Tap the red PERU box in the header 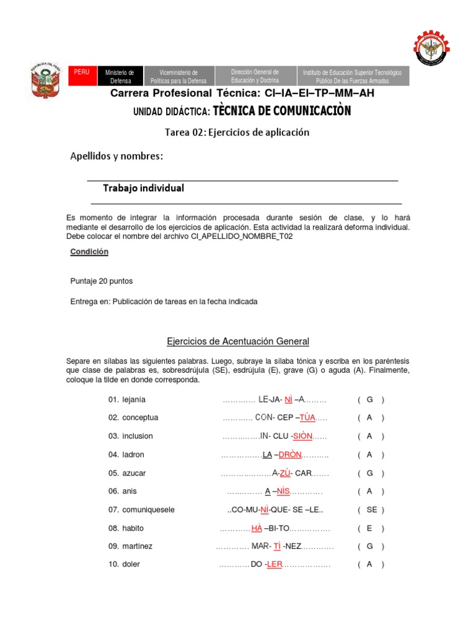pos(82,72)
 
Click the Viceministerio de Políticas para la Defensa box pos(179,77)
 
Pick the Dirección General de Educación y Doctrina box pos(255,76)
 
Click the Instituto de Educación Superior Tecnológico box pos(353,77)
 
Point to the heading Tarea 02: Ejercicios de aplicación pos(237,132)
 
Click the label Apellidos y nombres pos(117,156)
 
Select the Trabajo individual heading pos(143,188)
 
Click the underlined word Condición pos(89,252)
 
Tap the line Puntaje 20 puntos pos(102,281)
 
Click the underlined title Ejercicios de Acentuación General pos(238,341)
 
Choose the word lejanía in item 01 pos(134,399)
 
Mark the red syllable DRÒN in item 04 pos(289,454)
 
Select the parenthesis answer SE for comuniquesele pos(371,510)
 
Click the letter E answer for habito pos(370,528)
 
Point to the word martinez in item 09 pos(137,546)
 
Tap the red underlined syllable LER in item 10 pos(274,565)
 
